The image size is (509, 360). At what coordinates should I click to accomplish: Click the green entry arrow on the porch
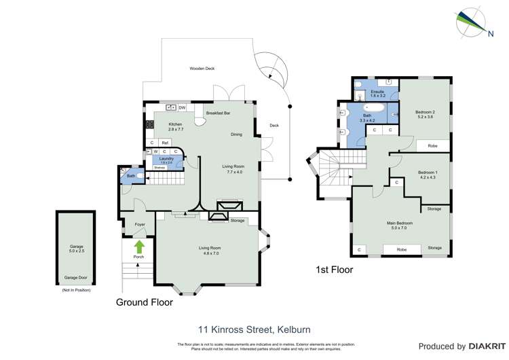[x=139, y=247]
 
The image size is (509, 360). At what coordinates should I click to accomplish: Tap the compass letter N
[x=491, y=33]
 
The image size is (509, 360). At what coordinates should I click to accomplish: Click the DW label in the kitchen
[x=183, y=107]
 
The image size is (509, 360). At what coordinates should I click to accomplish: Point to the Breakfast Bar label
[x=219, y=113]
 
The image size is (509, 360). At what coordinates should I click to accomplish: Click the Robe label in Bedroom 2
[x=432, y=145]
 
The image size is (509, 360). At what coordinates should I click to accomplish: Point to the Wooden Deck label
[x=202, y=69]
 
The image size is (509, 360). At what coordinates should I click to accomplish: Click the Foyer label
[x=140, y=224]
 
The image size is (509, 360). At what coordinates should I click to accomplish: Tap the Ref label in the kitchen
[x=165, y=143]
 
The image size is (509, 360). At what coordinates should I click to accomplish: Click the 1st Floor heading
[x=334, y=270]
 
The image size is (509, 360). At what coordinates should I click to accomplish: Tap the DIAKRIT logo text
[x=484, y=346]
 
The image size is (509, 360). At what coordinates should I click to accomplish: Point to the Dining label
[x=236, y=134]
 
